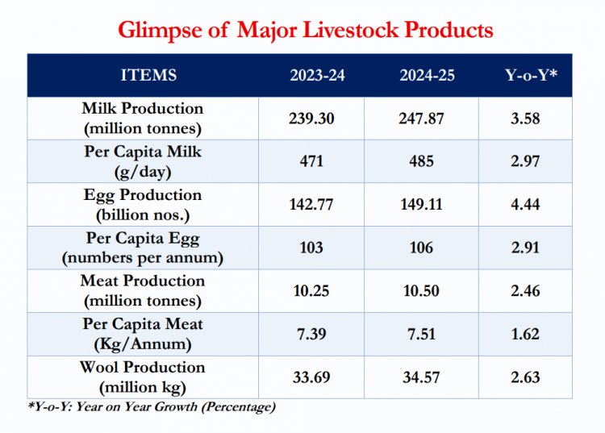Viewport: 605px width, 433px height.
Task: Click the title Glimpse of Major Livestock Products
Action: pos(305,30)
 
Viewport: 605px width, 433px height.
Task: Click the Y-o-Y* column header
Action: pos(525,76)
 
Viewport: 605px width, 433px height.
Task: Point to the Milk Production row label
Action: pos(142,118)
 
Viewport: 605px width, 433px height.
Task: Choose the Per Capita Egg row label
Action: pos(142,248)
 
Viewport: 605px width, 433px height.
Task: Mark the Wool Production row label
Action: pos(142,377)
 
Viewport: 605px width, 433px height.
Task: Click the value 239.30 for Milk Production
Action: pos(311,119)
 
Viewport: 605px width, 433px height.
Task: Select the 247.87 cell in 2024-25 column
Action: pos(421,119)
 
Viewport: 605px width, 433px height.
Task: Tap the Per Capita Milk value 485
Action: pos(421,161)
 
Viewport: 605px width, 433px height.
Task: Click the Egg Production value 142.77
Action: pos(311,205)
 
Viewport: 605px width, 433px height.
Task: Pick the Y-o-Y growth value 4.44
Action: pos(525,205)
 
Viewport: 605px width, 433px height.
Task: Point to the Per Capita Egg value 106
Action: pos(421,248)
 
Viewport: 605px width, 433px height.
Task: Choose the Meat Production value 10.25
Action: pos(311,291)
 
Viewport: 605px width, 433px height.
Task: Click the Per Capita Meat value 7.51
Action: pos(421,334)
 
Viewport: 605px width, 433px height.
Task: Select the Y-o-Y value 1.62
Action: pos(525,334)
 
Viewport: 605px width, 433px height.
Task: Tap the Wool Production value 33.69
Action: pos(311,377)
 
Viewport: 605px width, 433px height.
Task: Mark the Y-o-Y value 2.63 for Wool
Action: pos(525,377)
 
